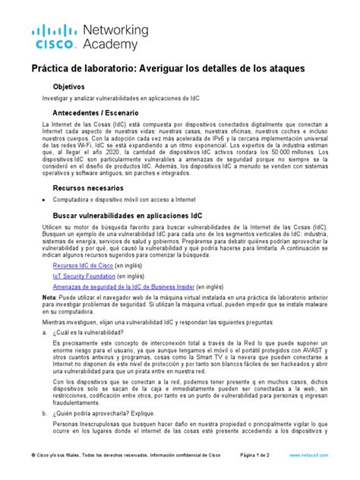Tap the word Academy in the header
[x=111, y=45]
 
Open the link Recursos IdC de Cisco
[x=83, y=266]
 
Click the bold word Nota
[x=50, y=302]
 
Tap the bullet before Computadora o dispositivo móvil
[x=44, y=200]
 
